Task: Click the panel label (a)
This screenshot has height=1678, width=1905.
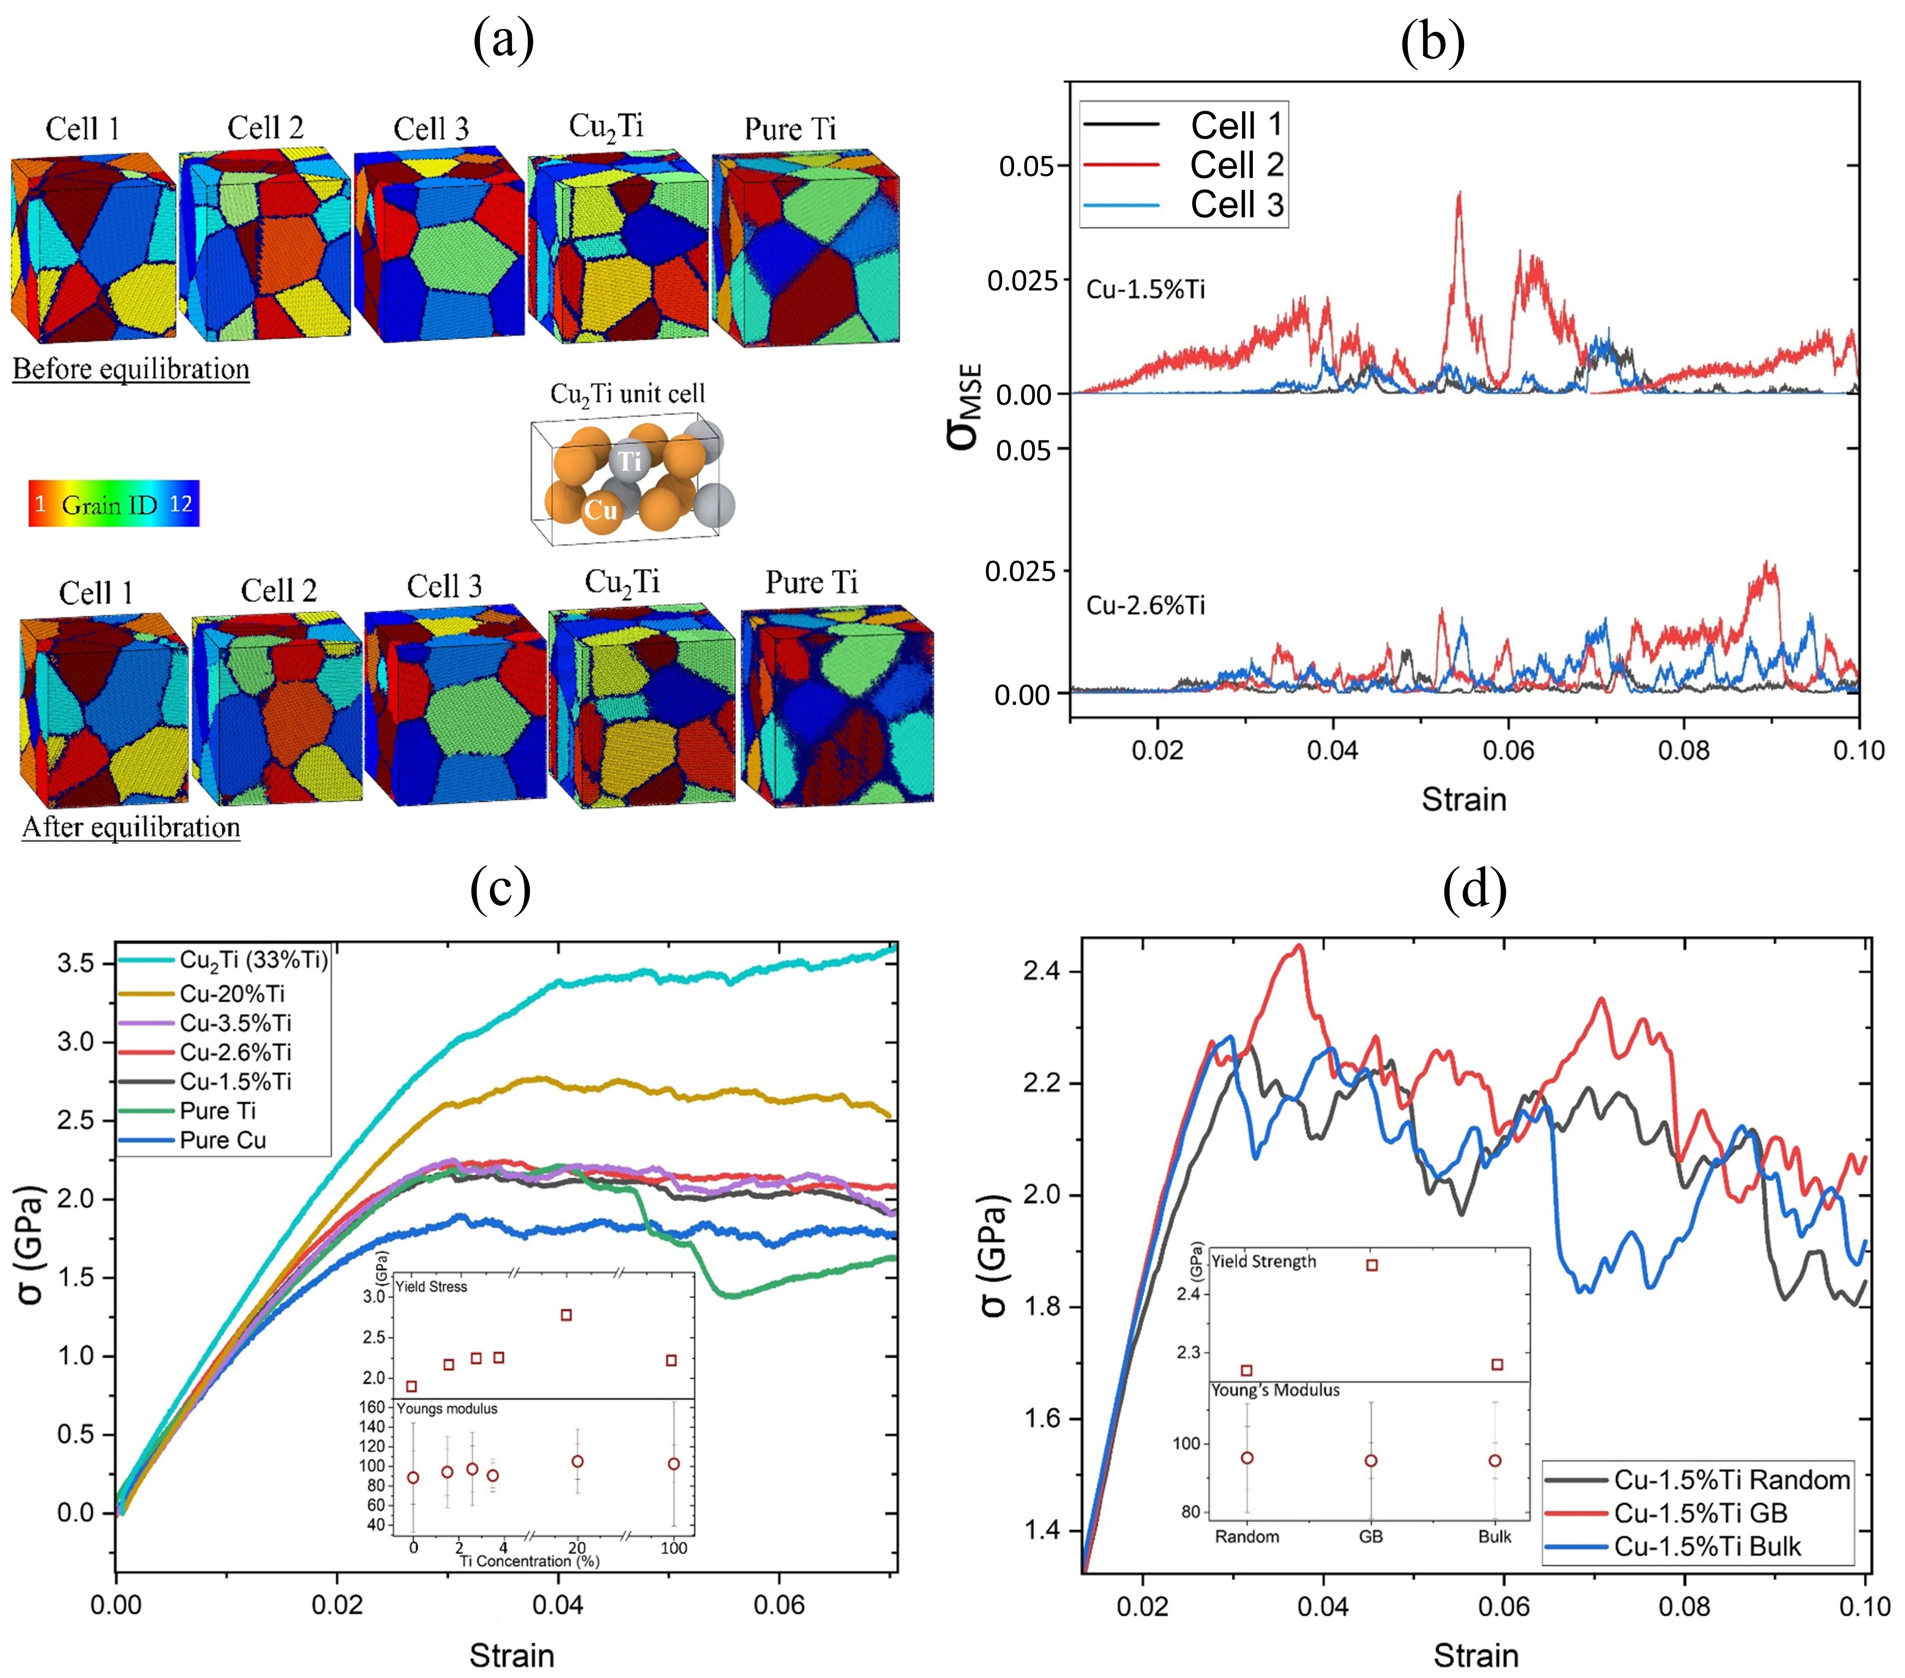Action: [503, 42]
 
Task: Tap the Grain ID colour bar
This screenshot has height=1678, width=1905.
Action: [114, 504]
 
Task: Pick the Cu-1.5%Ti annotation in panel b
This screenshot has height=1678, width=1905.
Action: [1146, 290]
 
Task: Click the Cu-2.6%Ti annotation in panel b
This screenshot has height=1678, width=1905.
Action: [1146, 606]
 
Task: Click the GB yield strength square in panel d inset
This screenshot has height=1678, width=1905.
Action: [1372, 1265]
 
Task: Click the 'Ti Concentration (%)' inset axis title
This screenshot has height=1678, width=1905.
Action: [529, 1561]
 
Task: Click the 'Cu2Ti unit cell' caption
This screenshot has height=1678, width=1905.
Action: [627, 394]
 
